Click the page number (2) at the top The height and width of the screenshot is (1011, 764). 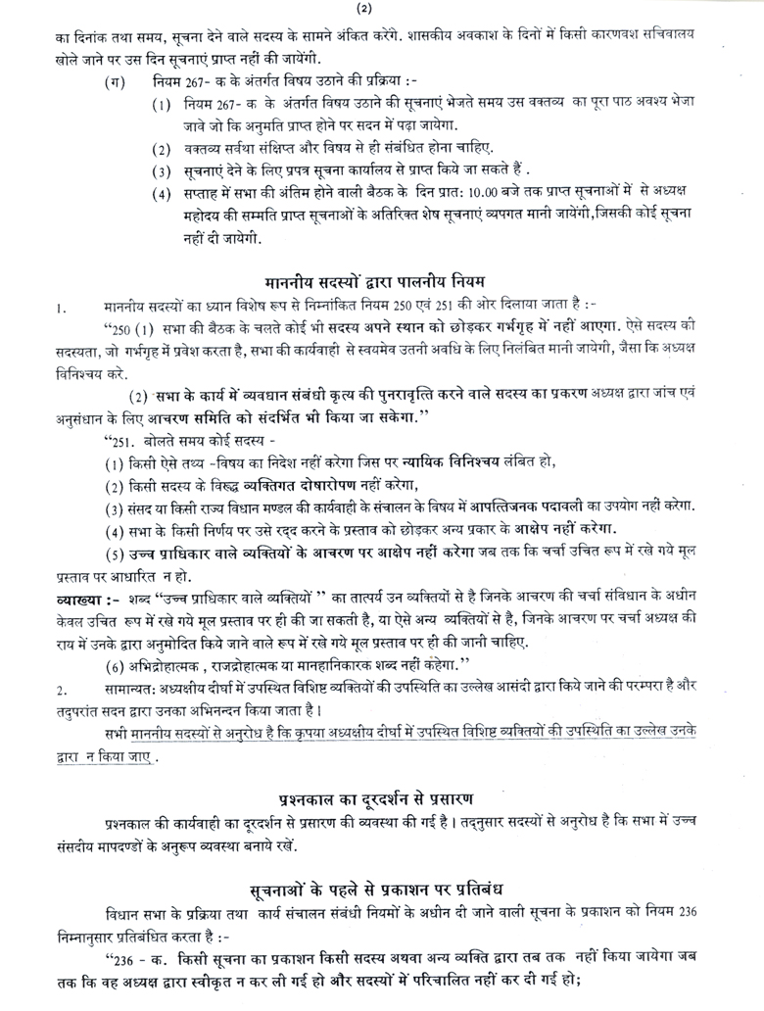381,10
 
